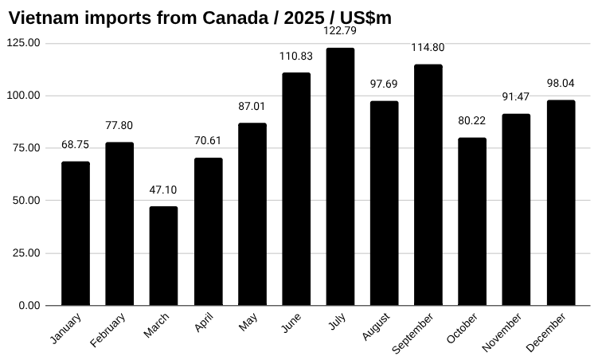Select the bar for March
click(163, 256)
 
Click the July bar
click(340, 177)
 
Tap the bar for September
click(428, 185)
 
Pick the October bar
click(472, 221)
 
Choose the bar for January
click(76, 233)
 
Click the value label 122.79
click(340, 31)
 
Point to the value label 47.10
click(163, 190)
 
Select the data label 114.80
click(428, 48)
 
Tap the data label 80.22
click(472, 121)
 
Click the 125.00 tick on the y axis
click(23, 43)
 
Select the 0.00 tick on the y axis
click(29, 306)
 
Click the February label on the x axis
click(108, 331)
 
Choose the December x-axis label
click(546, 332)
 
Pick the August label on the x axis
click(376, 327)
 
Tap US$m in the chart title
click(365, 18)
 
